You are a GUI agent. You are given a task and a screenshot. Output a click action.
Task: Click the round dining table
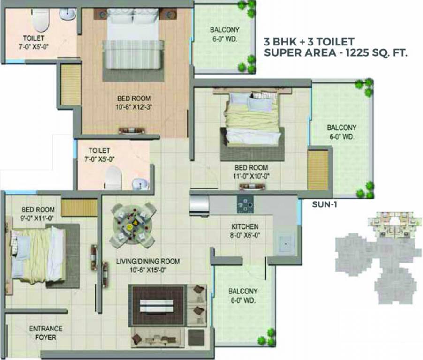click(x=133, y=224)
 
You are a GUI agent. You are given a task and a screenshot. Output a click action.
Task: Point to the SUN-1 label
click(x=325, y=204)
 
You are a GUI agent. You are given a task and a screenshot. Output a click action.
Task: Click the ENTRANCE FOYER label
click(x=45, y=333)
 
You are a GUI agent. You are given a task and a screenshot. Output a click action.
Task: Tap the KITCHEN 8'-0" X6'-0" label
click(x=244, y=232)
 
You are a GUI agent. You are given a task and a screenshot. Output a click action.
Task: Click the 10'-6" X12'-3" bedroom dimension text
click(x=134, y=106)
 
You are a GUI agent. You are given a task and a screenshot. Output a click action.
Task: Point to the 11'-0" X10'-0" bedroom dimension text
click(x=251, y=176)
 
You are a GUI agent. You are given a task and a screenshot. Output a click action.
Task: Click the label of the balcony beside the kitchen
click(x=242, y=296)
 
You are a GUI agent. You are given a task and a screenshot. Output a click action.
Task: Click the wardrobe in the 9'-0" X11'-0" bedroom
click(x=79, y=208)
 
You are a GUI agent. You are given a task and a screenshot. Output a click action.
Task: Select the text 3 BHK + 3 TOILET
click(x=309, y=42)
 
